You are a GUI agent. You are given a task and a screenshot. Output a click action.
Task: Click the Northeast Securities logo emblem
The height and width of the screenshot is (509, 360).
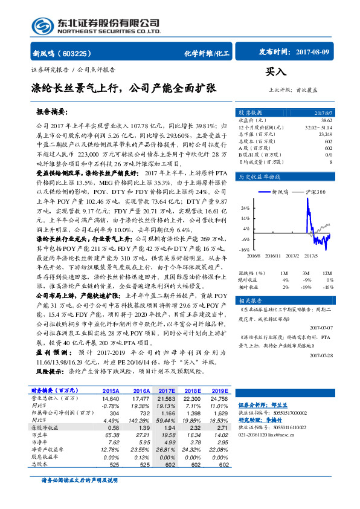point(42,25)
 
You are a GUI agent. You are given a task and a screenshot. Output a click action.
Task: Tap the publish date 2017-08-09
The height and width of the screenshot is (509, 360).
point(313,53)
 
